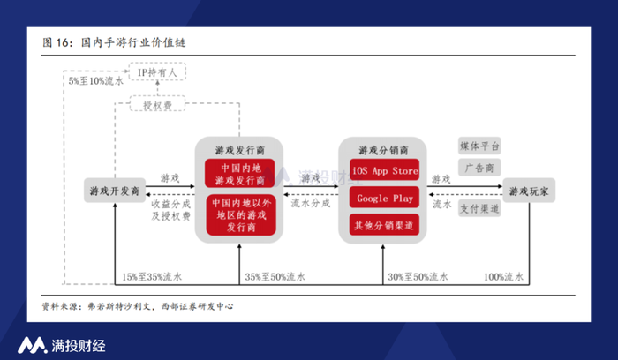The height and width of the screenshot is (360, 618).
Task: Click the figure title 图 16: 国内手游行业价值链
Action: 114,42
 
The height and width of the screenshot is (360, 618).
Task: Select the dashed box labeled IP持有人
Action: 158,72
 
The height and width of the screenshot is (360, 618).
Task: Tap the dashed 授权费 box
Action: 158,104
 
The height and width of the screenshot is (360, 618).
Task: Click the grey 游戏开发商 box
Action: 115,191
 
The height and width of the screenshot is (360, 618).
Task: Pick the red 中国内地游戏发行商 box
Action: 240,174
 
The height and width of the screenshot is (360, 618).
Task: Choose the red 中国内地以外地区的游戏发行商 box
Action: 241,214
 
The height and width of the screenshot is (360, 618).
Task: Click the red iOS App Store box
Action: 384,170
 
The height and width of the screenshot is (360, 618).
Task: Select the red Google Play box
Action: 384,198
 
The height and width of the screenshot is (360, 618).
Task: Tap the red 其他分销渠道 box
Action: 384,225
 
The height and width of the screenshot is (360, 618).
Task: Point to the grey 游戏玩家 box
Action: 529,191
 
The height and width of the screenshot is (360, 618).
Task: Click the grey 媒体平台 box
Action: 479,146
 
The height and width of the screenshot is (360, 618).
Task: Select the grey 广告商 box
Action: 479,168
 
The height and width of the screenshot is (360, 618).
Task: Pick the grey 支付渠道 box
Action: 479,208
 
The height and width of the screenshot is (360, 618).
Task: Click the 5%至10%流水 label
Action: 95,81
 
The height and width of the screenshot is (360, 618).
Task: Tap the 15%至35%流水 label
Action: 152,277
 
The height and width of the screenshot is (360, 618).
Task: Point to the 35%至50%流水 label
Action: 275,277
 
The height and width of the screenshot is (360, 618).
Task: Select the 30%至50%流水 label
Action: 418,277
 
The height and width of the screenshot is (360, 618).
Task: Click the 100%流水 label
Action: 504,277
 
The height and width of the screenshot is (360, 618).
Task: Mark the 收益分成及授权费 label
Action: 170,209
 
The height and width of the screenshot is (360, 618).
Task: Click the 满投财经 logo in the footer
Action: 62,345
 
